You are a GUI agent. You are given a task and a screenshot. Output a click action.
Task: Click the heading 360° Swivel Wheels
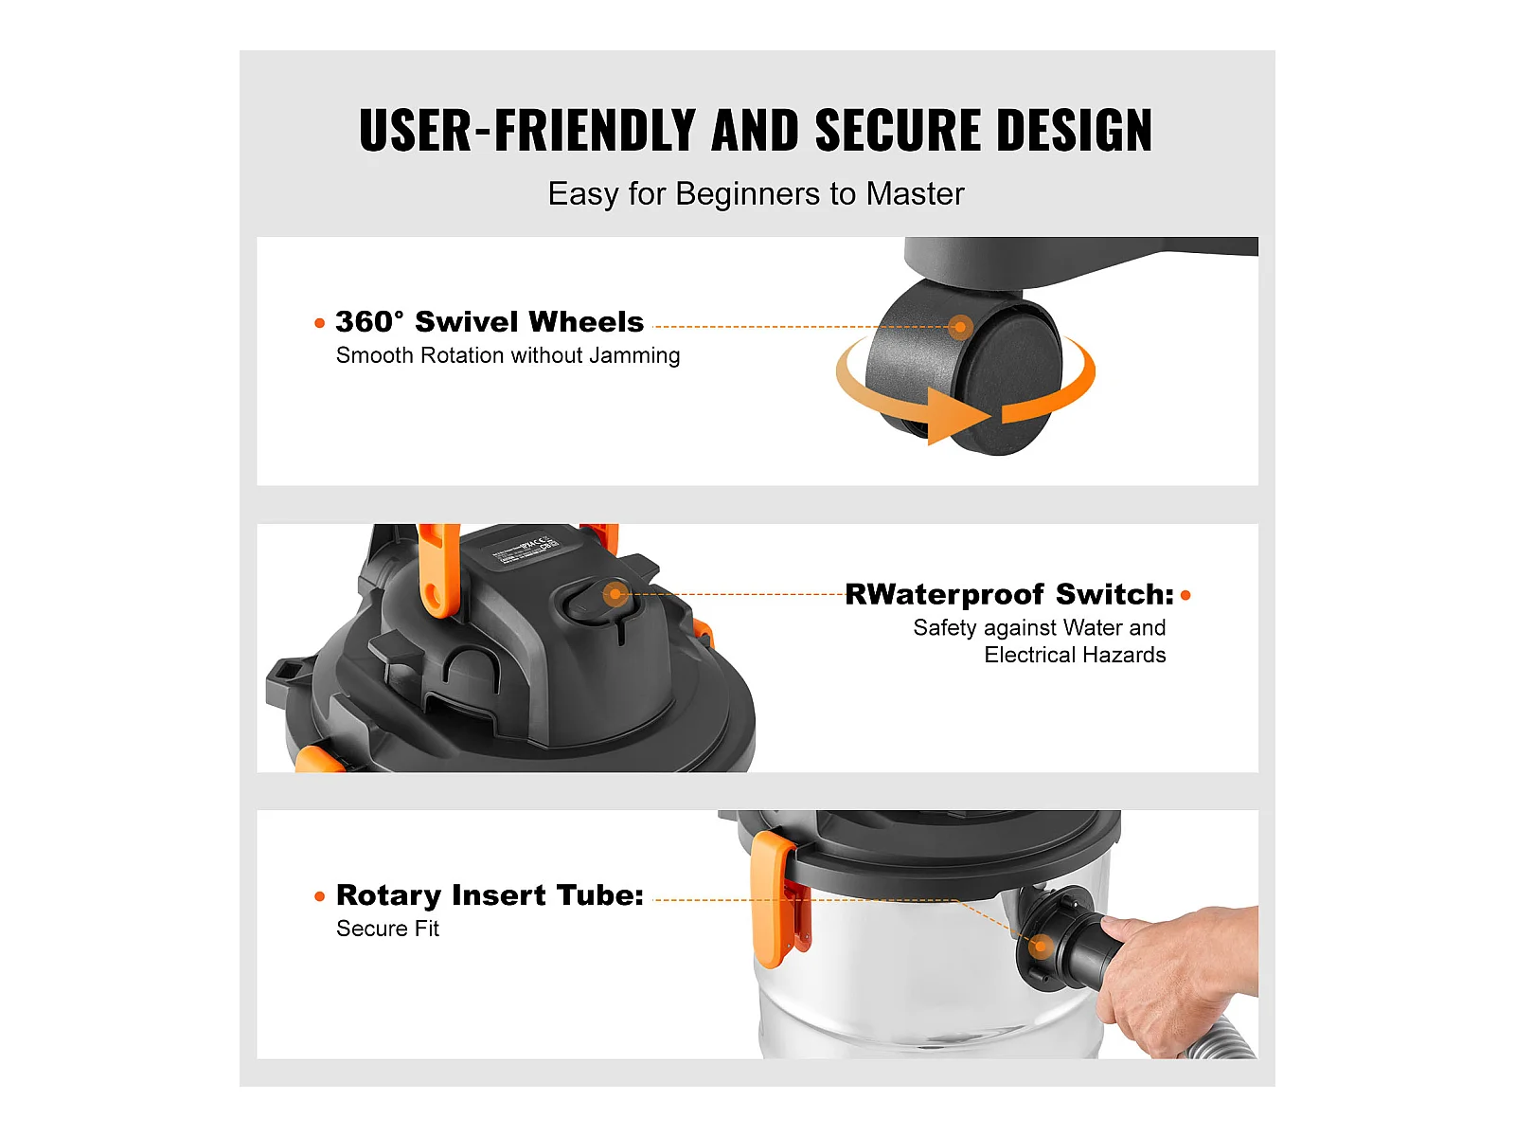point(490,322)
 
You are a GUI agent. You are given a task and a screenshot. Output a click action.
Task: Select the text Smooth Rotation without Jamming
point(508,355)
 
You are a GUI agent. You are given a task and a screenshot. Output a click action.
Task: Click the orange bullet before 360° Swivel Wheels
point(319,323)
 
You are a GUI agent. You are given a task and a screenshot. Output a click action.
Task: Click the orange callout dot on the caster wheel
point(960,327)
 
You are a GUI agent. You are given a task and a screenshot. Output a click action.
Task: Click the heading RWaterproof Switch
point(1009,594)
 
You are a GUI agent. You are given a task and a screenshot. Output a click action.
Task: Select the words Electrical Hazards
point(1075,655)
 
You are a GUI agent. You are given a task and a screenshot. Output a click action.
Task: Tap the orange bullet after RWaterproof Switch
point(1185,595)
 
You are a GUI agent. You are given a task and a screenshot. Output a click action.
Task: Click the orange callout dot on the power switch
point(615,593)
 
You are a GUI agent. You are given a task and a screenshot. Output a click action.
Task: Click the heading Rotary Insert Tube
point(490,895)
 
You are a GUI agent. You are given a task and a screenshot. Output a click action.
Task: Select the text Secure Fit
point(387,929)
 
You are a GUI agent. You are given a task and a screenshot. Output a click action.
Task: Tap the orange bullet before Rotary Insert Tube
point(319,896)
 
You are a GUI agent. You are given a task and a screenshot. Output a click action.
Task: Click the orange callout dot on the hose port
point(1041,946)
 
